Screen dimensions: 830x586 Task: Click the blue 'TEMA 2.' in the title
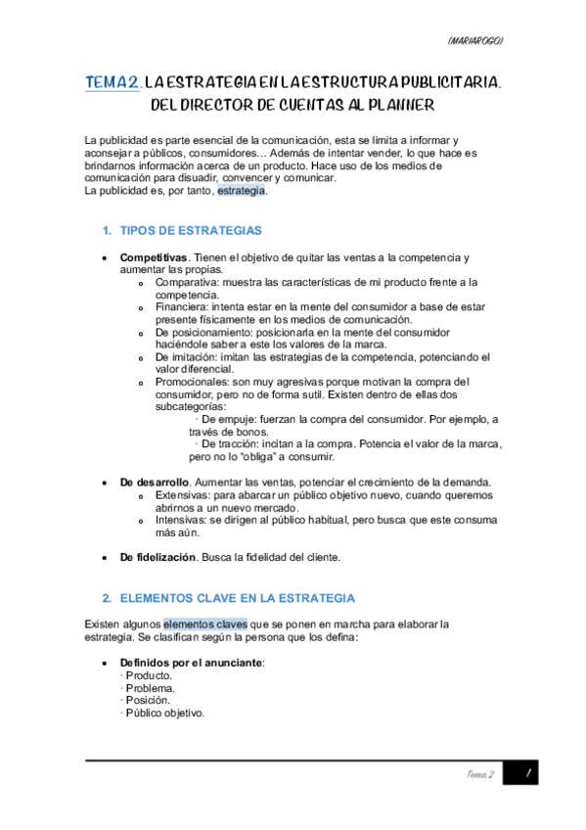coord(113,84)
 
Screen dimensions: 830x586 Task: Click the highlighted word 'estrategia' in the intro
coord(241,191)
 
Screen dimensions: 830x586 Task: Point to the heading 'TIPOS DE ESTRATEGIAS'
coord(191,231)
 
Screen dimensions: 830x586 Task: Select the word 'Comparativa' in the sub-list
coord(186,282)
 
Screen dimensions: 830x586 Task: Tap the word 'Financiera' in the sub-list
coord(182,307)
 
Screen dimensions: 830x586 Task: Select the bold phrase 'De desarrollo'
coord(154,483)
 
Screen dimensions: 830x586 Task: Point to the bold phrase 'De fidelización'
coord(159,557)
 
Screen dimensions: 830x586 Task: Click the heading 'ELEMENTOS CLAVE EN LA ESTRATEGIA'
coord(237,597)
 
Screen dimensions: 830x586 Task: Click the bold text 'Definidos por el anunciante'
coord(192,663)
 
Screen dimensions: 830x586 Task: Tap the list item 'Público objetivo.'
coord(165,713)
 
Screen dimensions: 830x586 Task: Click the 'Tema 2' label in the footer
coord(479,774)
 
